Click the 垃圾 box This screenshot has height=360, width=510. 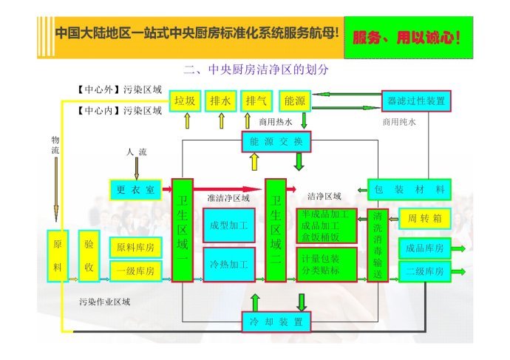(x=185, y=101)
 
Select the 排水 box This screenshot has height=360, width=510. (x=220, y=101)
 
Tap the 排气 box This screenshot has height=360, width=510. (x=256, y=101)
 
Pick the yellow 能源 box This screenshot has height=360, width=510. (x=295, y=101)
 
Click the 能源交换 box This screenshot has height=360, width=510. (x=276, y=141)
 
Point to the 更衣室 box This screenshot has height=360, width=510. (x=136, y=189)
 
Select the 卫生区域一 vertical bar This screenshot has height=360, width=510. (x=183, y=230)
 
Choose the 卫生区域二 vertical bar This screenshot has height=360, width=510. (x=276, y=230)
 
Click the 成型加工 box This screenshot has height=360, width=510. (x=229, y=225)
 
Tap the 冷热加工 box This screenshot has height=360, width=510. (x=229, y=265)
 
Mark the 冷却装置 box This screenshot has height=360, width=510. (x=276, y=322)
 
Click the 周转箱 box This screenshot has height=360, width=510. (x=425, y=219)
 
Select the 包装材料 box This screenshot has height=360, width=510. (x=409, y=189)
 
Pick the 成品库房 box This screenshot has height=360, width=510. (x=425, y=248)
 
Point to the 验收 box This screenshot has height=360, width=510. (x=89, y=256)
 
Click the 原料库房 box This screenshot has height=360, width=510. (x=136, y=248)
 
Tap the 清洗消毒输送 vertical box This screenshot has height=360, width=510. (x=378, y=245)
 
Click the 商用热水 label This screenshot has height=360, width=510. (x=276, y=122)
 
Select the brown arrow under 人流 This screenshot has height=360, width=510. (x=137, y=169)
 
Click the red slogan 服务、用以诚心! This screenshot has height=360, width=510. (x=407, y=38)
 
